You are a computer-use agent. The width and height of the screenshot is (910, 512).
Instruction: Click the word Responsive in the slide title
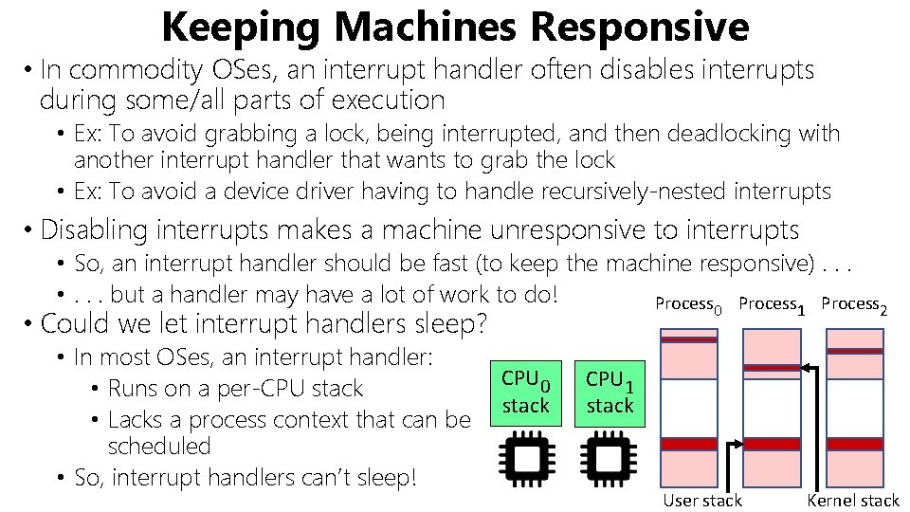pos(640,27)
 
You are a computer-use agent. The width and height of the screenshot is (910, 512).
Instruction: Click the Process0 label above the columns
pos(689,304)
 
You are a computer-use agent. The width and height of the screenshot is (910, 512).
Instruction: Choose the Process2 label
pos(854,304)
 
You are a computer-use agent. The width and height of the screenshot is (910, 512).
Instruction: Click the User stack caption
pos(702,501)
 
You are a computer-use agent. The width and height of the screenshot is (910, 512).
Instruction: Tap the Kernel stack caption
pos(852,501)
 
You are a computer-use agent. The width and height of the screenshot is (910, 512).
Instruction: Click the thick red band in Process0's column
pos(689,444)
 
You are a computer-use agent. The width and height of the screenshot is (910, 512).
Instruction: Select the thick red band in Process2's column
pos(855,444)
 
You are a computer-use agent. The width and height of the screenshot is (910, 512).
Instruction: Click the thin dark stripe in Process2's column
pos(855,351)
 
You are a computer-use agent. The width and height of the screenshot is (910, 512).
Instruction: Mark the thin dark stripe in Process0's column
pos(689,339)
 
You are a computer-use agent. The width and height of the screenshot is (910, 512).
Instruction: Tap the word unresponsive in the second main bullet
pos(579,229)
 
